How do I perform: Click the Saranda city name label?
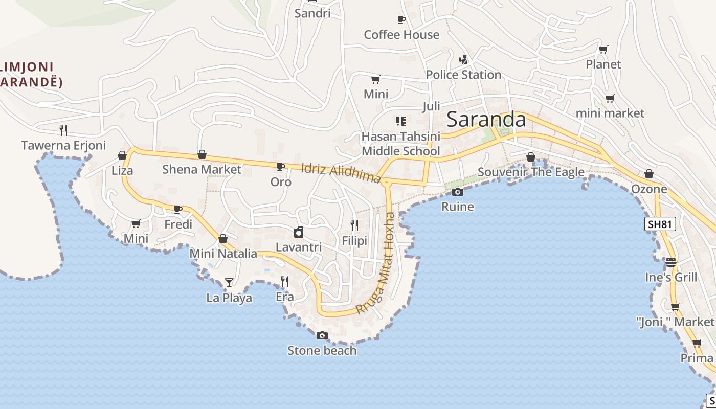[486, 120]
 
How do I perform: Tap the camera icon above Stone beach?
[322, 335]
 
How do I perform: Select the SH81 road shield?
[660, 223]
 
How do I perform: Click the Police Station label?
[463, 75]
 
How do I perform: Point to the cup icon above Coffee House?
[401, 19]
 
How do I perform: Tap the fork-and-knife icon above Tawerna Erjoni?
[63, 130]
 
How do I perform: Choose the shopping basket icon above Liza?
[122, 155]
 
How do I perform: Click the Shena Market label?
[202, 169]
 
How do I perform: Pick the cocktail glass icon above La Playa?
[229, 282]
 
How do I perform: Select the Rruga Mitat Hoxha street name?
[376, 263]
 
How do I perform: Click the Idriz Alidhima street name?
[341, 173]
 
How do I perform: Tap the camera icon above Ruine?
[458, 192]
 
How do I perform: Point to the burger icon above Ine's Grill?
[671, 262]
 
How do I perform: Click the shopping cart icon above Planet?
[603, 49]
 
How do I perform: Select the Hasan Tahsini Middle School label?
[400, 144]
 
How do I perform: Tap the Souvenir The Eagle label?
[531, 172]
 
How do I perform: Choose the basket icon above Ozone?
[649, 174]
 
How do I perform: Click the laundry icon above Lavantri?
[299, 232]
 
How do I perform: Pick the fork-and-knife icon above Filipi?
[354, 225]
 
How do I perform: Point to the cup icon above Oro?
[280, 167]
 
